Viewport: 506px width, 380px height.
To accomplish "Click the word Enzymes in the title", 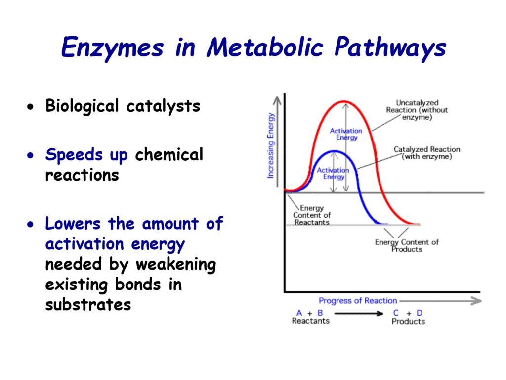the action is tap(112, 47).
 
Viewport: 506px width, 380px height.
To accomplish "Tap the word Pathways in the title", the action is tap(390, 47).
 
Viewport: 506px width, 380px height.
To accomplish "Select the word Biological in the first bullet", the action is tap(83, 106).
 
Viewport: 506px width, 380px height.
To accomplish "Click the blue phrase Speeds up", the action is tap(86, 155).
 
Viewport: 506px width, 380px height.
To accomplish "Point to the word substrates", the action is tap(88, 305).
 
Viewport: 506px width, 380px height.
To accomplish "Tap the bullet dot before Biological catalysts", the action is tap(31, 107).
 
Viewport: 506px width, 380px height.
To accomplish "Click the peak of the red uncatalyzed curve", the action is tap(344, 102).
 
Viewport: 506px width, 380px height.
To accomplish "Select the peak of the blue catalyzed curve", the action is tap(335, 151).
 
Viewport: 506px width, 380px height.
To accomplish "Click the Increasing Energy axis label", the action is tap(270, 145).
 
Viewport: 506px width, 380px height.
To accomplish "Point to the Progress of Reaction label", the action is tap(358, 301).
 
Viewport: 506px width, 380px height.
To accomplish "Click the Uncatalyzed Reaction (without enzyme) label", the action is tap(417, 110).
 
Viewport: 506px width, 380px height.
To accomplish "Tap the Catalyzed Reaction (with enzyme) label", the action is tap(426, 153).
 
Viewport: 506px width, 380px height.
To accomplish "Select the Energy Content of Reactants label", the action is tap(312, 215).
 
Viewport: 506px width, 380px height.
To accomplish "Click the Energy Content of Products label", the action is tap(407, 245).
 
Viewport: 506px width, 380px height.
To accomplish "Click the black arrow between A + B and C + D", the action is tap(359, 313).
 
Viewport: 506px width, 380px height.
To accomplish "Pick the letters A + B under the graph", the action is tap(309, 313).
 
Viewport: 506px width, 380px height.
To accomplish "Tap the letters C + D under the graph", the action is tap(408, 313).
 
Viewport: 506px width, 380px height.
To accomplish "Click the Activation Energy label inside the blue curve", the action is tap(333, 173).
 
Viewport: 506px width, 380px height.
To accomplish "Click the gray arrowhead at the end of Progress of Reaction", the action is tap(476, 301).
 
